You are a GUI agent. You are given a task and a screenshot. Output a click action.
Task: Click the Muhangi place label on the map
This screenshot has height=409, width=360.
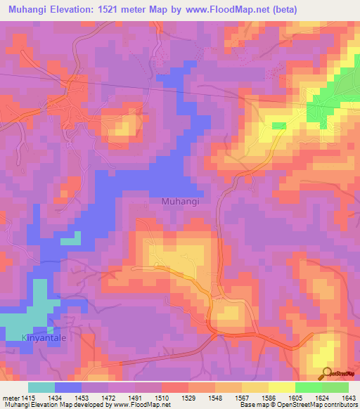pos(181,201)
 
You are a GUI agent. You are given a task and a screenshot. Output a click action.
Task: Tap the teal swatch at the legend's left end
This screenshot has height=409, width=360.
pos(41,387)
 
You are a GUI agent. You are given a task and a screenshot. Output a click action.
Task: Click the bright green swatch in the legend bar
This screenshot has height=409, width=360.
pos(308,387)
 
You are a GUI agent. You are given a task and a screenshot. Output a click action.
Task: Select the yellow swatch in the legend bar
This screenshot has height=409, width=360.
pos(281,387)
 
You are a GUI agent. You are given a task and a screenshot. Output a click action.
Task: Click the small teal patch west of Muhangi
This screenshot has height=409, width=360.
pos(70,241)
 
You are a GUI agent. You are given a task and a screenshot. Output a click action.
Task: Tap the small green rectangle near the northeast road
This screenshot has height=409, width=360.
pos(279,125)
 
